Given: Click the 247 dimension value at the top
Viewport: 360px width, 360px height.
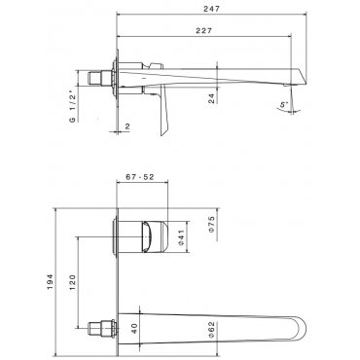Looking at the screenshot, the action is [211, 9].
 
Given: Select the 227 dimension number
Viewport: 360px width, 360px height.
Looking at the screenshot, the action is [203, 31].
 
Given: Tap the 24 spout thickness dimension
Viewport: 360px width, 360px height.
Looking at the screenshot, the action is [211, 98].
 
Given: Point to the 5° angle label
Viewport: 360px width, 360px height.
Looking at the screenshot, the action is [284, 104].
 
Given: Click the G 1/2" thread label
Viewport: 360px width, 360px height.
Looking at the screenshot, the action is [72, 108].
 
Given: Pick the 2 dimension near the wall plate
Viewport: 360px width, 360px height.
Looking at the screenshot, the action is [127, 126].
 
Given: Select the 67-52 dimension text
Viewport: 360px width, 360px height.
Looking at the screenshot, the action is [139, 177].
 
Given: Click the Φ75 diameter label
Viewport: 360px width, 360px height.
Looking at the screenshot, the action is [211, 225].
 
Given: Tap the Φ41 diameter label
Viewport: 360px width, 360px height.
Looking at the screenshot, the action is [181, 237].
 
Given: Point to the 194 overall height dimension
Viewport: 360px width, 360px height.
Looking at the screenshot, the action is [50, 281].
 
